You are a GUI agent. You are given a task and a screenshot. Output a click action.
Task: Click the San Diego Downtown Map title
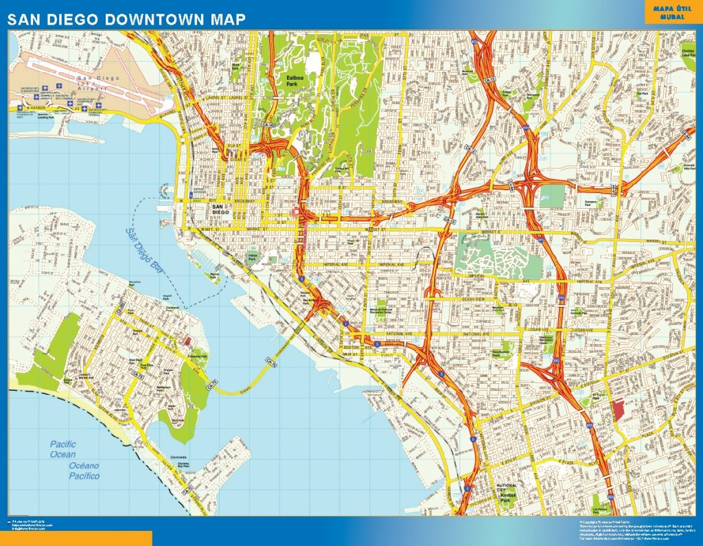126,19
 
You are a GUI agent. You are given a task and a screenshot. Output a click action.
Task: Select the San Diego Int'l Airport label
100,83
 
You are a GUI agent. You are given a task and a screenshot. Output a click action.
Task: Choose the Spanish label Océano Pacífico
84,470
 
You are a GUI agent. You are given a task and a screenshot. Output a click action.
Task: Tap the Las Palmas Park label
601,509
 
